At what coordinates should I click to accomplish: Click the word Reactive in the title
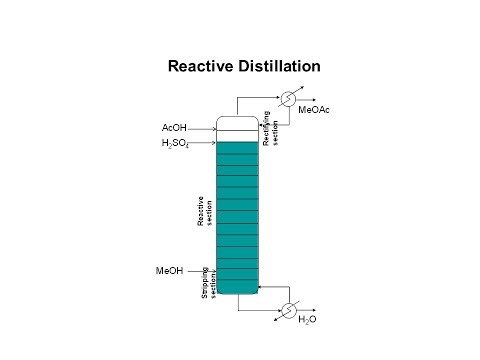(203, 66)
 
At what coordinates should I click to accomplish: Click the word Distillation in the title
(280, 66)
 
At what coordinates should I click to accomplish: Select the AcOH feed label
(174, 128)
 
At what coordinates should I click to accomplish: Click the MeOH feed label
(169, 271)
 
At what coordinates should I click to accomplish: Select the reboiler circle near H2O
(288, 308)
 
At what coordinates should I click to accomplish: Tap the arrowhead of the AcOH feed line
(214, 129)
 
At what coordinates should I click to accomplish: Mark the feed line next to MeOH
(200, 271)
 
